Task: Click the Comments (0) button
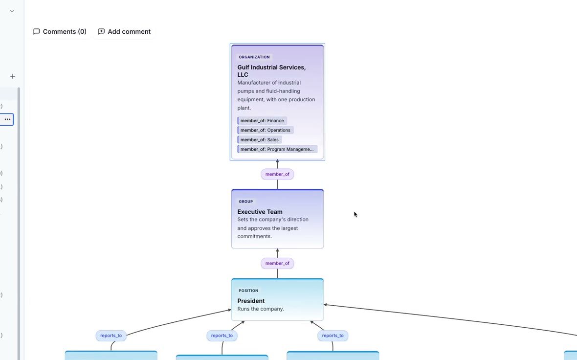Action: (60, 32)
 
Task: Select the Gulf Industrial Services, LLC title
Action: (271, 70)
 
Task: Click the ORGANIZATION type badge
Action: (254, 57)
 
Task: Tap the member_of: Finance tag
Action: (262, 121)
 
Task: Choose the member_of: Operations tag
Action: (266, 130)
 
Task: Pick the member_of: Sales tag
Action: (260, 140)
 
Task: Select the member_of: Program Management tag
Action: (277, 150)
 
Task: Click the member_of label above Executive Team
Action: (277, 174)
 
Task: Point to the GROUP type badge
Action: (246, 202)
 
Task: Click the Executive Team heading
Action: (260, 212)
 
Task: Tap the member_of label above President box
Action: (277, 263)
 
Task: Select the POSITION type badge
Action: (248, 291)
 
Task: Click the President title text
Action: (251, 301)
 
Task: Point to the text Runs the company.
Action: (261, 309)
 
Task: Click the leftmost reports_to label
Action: (111, 336)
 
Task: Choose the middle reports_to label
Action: (222, 336)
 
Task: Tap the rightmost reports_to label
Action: (333, 336)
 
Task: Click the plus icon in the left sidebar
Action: (13, 77)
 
